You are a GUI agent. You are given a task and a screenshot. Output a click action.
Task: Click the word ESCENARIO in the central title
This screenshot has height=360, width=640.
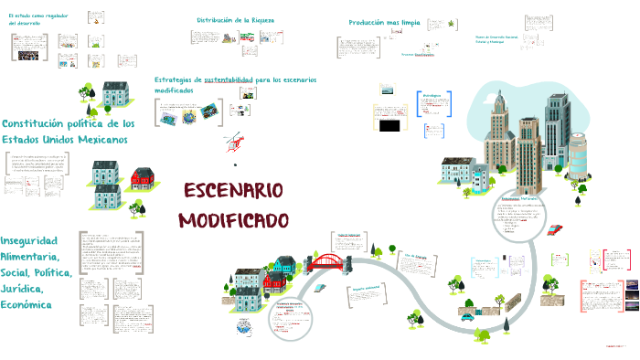coord(233,193)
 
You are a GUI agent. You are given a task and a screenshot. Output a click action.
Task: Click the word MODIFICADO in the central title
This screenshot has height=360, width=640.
coord(233,221)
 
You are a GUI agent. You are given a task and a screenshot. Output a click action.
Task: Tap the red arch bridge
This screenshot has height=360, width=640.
coord(326,263)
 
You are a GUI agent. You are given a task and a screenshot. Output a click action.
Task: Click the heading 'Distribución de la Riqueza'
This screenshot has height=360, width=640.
coord(236,19)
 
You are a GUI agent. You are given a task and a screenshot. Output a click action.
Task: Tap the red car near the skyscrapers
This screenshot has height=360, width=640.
coord(554,229)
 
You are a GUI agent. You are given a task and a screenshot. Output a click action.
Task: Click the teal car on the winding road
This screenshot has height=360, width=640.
coord(468,316)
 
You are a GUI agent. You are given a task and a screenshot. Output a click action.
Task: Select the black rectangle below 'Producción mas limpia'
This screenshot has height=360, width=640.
coord(389,124)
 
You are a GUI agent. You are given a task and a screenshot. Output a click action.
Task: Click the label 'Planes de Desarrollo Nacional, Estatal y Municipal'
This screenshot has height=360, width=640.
coord(501,39)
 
